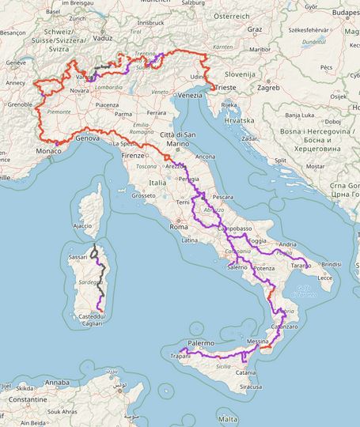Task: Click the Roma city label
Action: point(178,227)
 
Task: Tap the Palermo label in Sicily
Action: point(201,344)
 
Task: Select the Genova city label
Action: point(89,138)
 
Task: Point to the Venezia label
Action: point(190,96)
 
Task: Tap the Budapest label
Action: point(334,13)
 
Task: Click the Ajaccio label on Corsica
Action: point(83,226)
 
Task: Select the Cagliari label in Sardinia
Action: point(92,323)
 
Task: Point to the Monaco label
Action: point(48,150)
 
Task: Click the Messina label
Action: point(258,341)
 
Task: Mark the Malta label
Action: point(228,418)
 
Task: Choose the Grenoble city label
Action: point(20,104)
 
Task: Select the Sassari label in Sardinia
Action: point(78,258)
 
